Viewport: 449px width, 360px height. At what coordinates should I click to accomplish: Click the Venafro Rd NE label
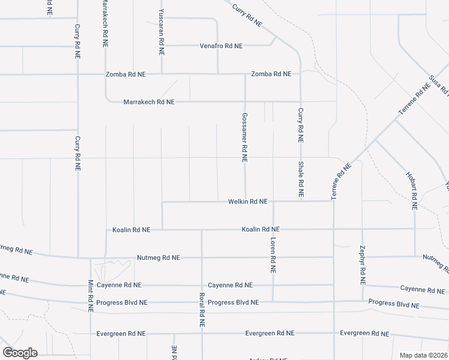pyautogui.click(x=221, y=46)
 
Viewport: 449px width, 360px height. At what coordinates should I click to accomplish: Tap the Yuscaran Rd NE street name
pyautogui.click(x=161, y=32)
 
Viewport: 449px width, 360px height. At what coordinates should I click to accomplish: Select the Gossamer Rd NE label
pyautogui.click(x=244, y=137)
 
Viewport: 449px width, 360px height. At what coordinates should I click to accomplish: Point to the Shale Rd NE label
pyautogui.click(x=301, y=180)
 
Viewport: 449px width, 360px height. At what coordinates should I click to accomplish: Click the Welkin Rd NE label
pyautogui.click(x=247, y=202)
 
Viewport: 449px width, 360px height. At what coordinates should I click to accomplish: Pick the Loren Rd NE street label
pyautogui.click(x=273, y=255)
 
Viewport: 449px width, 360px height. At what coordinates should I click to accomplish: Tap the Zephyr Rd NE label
pyautogui.click(x=363, y=265)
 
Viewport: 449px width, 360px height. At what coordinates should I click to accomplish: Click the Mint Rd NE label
pyautogui.click(x=91, y=296)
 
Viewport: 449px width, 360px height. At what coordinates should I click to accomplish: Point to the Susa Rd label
pyautogui.click(x=439, y=86)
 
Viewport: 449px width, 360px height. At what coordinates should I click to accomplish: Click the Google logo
pyautogui.click(x=20, y=353)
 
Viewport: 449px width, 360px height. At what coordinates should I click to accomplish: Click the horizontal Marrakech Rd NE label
pyautogui.click(x=149, y=102)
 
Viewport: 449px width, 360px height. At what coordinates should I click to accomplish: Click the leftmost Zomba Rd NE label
pyautogui.click(x=125, y=74)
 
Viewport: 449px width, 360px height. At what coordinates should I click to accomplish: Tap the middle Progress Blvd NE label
pyautogui.click(x=234, y=302)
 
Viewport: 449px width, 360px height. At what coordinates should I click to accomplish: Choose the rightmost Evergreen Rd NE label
pyautogui.click(x=364, y=333)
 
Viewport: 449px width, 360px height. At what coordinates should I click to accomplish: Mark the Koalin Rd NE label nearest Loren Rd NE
pyautogui.click(x=261, y=229)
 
